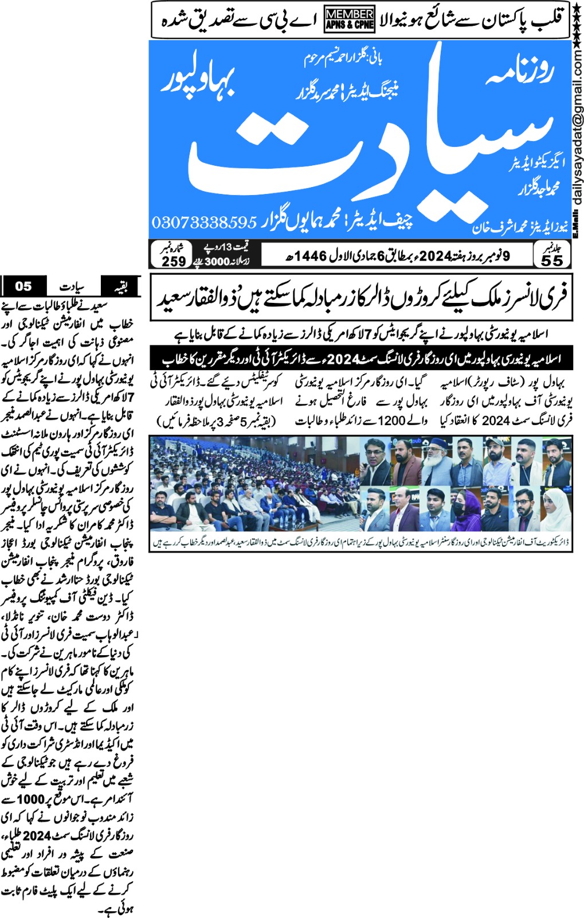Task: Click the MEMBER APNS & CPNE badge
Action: click(x=350, y=19)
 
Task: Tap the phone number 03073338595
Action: click(x=203, y=222)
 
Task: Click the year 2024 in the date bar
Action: click(x=436, y=256)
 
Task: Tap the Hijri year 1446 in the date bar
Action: click(x=311, y=256)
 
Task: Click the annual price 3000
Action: click(x=217, y=262)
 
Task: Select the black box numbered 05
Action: click(x=23, y=286)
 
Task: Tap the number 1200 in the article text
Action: click(x=392, y=421)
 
